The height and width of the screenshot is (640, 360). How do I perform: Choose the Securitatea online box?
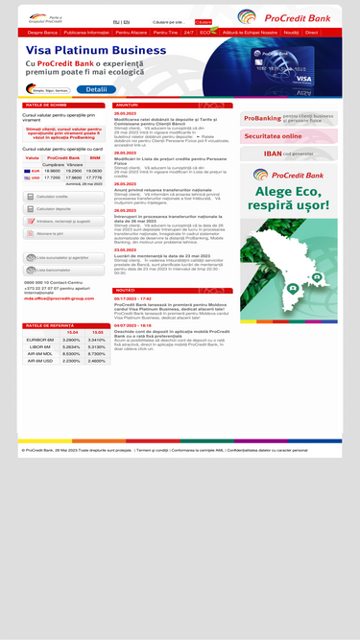(288, 136)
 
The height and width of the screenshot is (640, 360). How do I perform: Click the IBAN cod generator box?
(288, 153)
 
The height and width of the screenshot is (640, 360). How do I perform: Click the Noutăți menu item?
(291, 32)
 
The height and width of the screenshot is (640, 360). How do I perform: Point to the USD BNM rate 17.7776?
(94, 178)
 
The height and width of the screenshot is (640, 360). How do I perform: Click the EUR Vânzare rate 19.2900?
(73, 170)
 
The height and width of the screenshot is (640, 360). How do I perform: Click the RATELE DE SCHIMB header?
(47, 105)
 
